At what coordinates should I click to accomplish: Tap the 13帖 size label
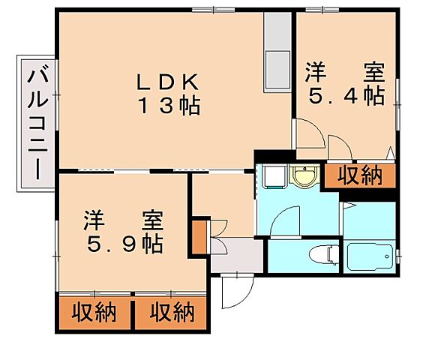coord(168,106)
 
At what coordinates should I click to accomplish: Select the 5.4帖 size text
coord(346,96)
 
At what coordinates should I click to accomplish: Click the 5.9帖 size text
coord(124,244)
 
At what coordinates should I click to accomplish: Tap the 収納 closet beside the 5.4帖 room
coord(359,175)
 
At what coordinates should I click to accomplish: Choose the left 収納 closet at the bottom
coord(94,312)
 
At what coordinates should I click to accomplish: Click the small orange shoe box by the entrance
coord(199,235)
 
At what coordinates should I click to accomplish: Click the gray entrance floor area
coord(235,255)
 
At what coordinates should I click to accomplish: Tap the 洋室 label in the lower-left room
coord(124,222)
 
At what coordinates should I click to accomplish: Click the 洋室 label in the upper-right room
coord(345,73)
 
